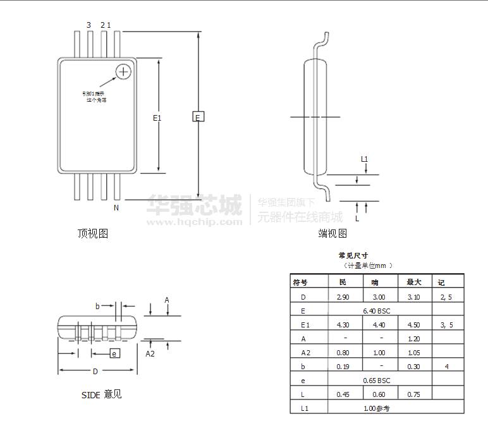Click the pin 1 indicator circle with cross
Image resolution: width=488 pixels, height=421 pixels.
[123, 71]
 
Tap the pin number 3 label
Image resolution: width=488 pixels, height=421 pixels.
[88, 25]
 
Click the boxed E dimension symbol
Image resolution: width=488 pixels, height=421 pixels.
[198, 117]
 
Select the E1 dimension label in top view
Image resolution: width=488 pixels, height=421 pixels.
[157, 118]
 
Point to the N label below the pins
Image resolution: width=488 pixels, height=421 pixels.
[116, 207]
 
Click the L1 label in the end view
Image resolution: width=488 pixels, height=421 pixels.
[364, 159]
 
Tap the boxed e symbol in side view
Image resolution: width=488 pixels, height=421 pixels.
[114, 353]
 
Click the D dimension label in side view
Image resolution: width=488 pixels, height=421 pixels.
[95, 371]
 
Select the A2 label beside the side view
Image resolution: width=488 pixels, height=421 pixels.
[150, 354]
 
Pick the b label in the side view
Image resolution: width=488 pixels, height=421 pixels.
[97, 306]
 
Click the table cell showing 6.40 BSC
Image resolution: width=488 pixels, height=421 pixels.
[377, 311]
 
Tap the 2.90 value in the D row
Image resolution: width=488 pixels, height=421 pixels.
[343, 297]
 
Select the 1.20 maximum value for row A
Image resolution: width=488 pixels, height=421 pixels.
[413, 339]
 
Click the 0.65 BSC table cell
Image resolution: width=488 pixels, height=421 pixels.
[377, 381]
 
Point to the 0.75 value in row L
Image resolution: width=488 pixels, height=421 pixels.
[413, 394]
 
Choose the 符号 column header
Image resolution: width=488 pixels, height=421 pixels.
[300, 283]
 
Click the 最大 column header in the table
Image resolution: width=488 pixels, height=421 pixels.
[413, 283]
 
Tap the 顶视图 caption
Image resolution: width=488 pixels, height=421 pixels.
[93, 234]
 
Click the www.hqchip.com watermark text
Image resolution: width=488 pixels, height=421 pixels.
[195, 221]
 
